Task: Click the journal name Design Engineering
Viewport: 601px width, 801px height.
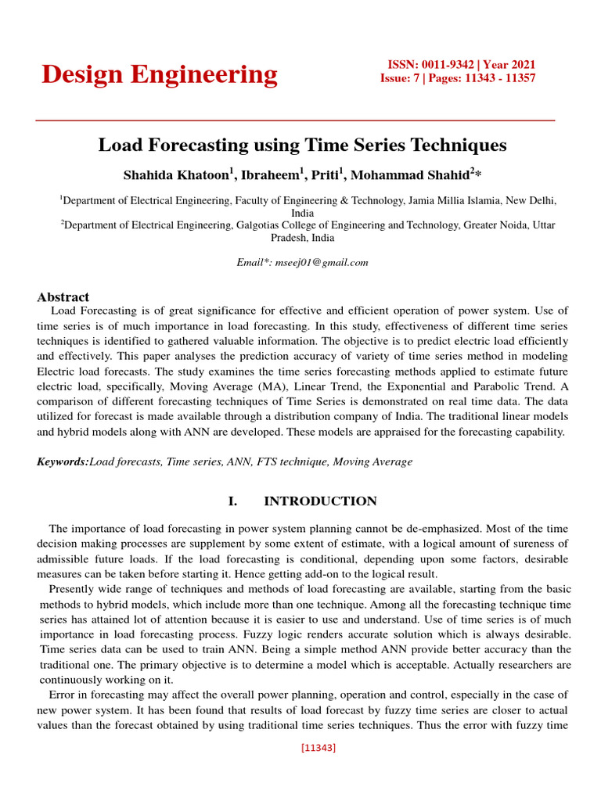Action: [x=159, y=74]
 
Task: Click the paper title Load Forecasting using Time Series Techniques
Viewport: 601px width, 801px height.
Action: [x=302, y=145]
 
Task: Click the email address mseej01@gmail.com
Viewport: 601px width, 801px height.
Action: [x=321, y=263]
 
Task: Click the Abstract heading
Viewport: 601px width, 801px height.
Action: [x=63, y=297]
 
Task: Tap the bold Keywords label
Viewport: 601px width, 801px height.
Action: [x=63, y=462]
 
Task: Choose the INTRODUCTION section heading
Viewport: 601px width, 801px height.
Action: [x=320, y=501]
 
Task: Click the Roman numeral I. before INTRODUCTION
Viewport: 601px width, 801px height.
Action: [x=233, y=501]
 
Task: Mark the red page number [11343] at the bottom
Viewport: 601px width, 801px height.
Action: [x=318, y=748]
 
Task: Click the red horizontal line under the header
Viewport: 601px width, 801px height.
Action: [x=296, y=120]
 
